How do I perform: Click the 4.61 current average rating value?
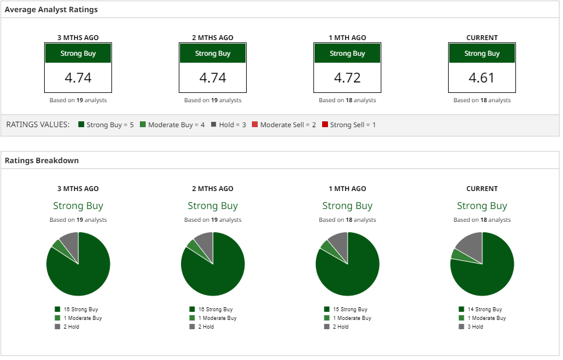482,78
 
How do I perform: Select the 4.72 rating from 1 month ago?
347,78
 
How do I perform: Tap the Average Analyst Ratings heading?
51,10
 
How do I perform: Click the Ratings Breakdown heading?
42,160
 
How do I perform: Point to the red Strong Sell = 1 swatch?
325,125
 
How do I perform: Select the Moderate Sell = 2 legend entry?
284,125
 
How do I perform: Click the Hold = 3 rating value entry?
228,125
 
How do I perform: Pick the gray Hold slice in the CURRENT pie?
470,245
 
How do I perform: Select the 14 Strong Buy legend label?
484,309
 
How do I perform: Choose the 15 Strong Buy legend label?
349,309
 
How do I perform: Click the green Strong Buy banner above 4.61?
482,53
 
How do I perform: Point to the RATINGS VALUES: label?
38,125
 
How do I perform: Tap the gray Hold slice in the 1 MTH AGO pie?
339,243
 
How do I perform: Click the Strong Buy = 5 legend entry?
106,125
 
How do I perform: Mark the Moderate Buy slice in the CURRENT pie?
459,254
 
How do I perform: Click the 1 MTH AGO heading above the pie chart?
347,189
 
